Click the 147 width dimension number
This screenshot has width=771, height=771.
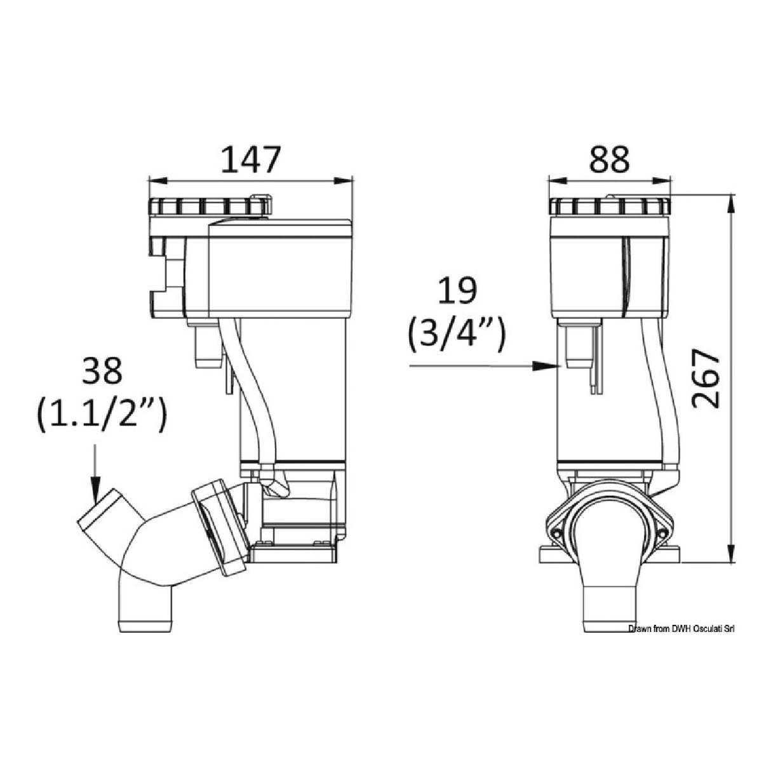click(x=250, y=159)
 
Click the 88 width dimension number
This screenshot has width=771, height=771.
click(x=609, y=159)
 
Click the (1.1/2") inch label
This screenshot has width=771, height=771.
click(x=102, y=416)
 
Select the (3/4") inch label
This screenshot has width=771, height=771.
click(x=457, y=335)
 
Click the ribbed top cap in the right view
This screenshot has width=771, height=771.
click(x=609, y=207)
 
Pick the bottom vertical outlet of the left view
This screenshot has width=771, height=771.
click(x=147, y=610)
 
